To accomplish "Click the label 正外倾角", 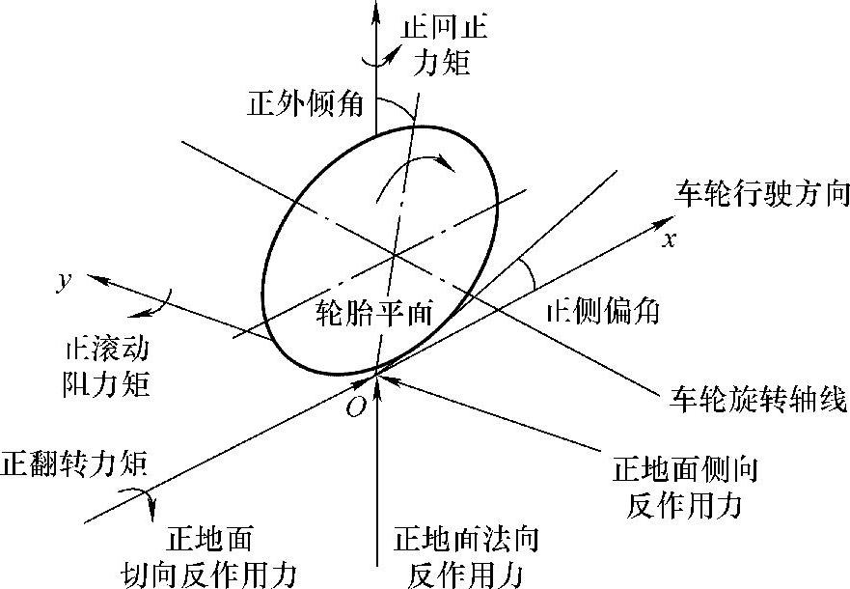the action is pyautogui.click(x=305, y=103).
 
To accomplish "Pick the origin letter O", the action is pyautogui.click(x=355, y=407).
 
